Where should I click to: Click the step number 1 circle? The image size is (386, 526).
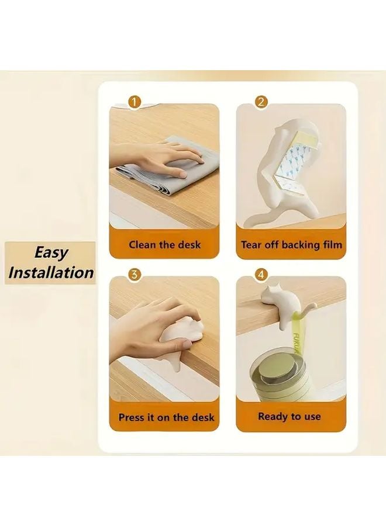coord(135,103)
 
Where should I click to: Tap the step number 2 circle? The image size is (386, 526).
coord(261,103)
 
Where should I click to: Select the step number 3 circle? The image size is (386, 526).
coord(135,274)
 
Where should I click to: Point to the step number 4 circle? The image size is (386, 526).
coord(261,274)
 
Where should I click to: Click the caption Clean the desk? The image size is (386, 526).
coord(164,245)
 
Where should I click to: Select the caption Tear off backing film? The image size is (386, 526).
coord(291,245)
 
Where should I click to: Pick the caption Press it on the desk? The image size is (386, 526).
coord(166,417)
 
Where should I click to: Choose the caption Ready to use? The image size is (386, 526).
coord(289,417)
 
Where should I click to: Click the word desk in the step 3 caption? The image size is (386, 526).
coord(202,417)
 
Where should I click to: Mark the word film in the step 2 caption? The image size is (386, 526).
coord(331,245)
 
